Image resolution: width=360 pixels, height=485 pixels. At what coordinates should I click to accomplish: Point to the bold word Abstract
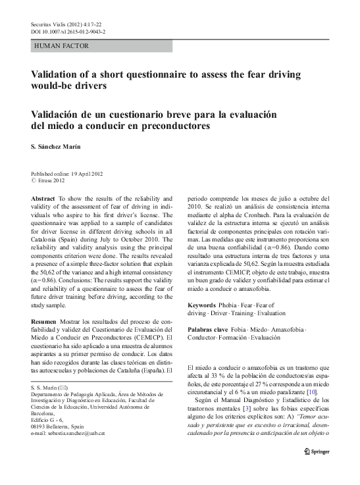43,198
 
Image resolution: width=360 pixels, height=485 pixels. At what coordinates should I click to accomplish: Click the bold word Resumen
44,319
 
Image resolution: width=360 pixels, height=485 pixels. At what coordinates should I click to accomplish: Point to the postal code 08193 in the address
41,426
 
